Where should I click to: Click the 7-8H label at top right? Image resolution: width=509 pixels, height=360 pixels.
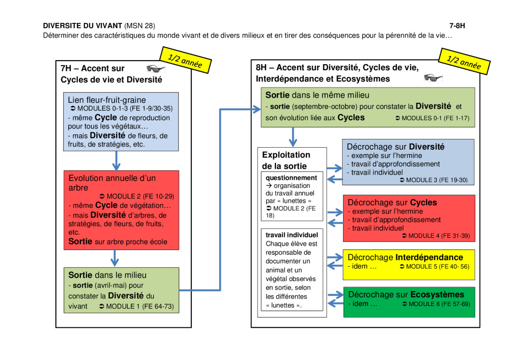pos(457,25)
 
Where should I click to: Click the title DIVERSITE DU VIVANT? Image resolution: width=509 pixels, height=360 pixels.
pos(82,25)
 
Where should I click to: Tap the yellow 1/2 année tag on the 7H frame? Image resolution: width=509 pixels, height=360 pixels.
pos(185,60)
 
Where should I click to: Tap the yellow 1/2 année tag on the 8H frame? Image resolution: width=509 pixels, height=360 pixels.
pos(464,61)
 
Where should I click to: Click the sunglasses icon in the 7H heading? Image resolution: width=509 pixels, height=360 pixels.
pos(156,69)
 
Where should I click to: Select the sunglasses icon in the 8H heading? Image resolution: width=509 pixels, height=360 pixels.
pos(433,77)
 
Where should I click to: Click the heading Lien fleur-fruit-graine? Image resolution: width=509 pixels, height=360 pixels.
pos(107,100)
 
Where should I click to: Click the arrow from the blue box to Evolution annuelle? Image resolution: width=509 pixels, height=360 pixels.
pos(116,161)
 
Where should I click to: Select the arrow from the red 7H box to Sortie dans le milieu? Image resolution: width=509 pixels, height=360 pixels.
pos(114,258)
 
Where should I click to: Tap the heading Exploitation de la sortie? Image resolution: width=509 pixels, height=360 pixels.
pos(286,160)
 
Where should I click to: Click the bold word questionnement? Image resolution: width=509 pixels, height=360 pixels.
pos(291,178)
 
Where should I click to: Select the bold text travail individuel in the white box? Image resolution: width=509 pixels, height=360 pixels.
pos(292,235)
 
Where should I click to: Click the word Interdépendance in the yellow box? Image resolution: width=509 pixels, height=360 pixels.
pos(429,258)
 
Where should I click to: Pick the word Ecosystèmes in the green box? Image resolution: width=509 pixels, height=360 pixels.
pos(437,294)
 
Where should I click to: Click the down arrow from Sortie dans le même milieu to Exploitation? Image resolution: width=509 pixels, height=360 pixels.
pos(293,136)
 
